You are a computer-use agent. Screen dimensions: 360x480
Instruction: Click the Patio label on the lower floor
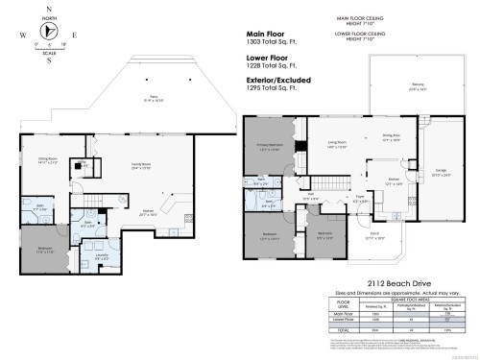153,96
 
